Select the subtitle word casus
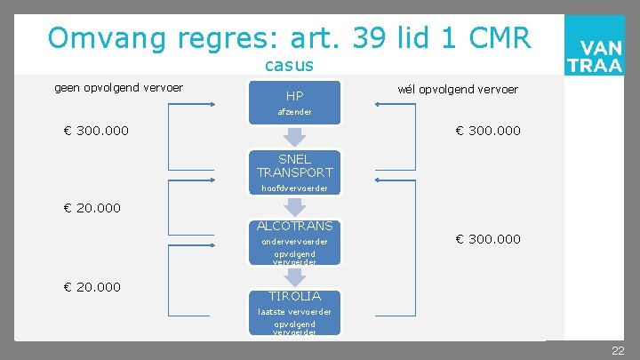(289, 66)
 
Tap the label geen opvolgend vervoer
(119, 87)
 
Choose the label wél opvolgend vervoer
(458, 89)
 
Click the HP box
(294, 96)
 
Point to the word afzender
(294, 112)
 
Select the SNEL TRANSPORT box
(294, 166)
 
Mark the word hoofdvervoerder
(294, 188)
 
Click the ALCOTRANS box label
(294, 227)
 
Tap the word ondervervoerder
(294, 242)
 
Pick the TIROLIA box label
(294, 296)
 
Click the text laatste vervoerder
(294, 312)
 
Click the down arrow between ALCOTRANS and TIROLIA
(294, 276)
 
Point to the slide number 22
(618, 351)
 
